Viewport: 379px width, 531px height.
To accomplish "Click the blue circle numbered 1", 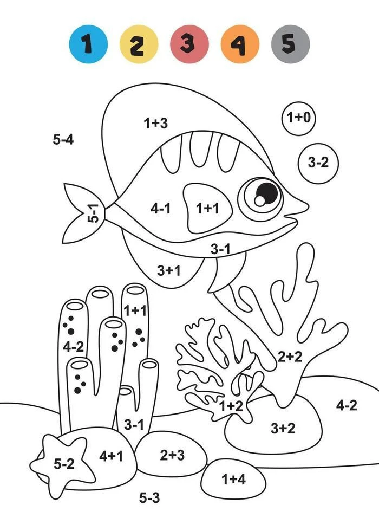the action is click(88, 44).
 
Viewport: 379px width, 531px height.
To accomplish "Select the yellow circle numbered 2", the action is click(139, 44).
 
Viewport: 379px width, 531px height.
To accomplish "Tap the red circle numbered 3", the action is click(189, 44).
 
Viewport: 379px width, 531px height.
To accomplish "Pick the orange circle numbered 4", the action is click(240, 44).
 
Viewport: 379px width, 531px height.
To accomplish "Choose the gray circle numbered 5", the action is click(290, 44).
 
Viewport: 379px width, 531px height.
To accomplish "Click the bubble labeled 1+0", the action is click(298, 118).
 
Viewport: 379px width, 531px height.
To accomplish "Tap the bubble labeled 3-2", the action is click(318, 163).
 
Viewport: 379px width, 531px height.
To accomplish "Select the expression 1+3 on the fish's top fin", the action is click(156, 122).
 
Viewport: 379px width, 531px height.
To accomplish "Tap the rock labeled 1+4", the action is click(233, 479).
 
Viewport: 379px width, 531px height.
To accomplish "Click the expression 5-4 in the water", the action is click(63, 139).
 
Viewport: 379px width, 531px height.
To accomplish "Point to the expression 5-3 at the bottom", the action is click(149, 498).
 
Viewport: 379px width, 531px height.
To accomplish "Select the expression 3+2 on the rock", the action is click(283, 428).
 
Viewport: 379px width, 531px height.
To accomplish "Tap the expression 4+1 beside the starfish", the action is click(111, 456).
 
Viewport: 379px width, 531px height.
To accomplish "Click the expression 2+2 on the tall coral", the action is click(290, 357).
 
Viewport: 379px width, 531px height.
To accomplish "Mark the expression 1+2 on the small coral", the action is click(231, 406).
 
